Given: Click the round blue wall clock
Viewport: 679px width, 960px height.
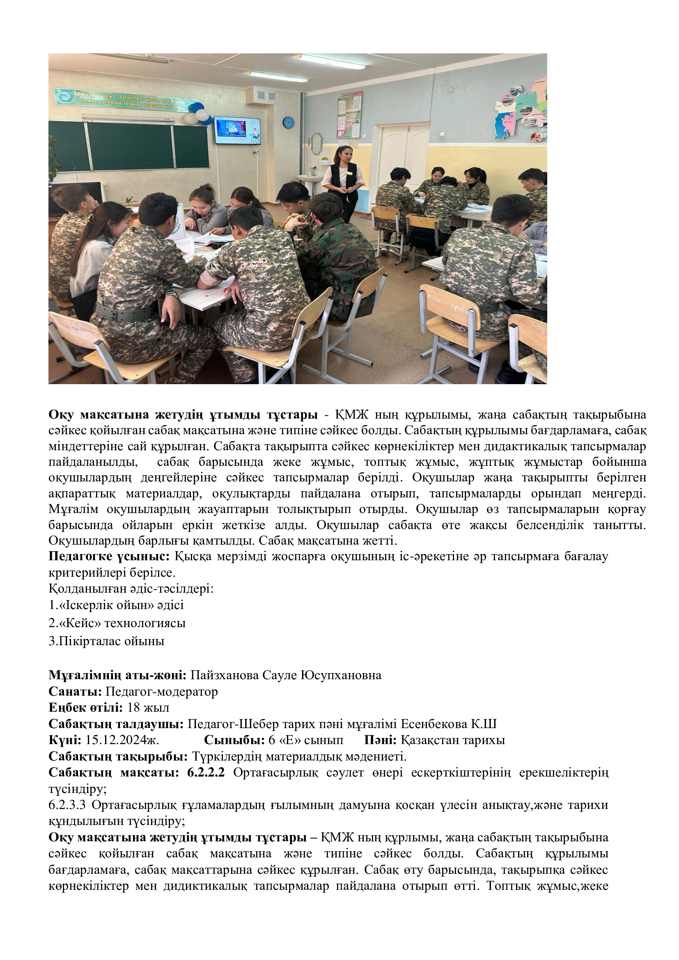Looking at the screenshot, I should click(289, 122).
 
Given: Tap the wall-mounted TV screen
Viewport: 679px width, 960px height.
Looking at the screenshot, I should click(237, 131).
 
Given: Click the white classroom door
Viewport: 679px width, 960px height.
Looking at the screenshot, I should click(404, 151).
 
